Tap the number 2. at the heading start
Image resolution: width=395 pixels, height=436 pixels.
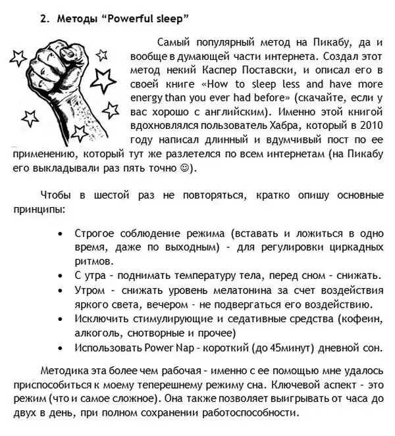[x=44, y=20]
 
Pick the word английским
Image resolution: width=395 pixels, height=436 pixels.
[x=234, y=112]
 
